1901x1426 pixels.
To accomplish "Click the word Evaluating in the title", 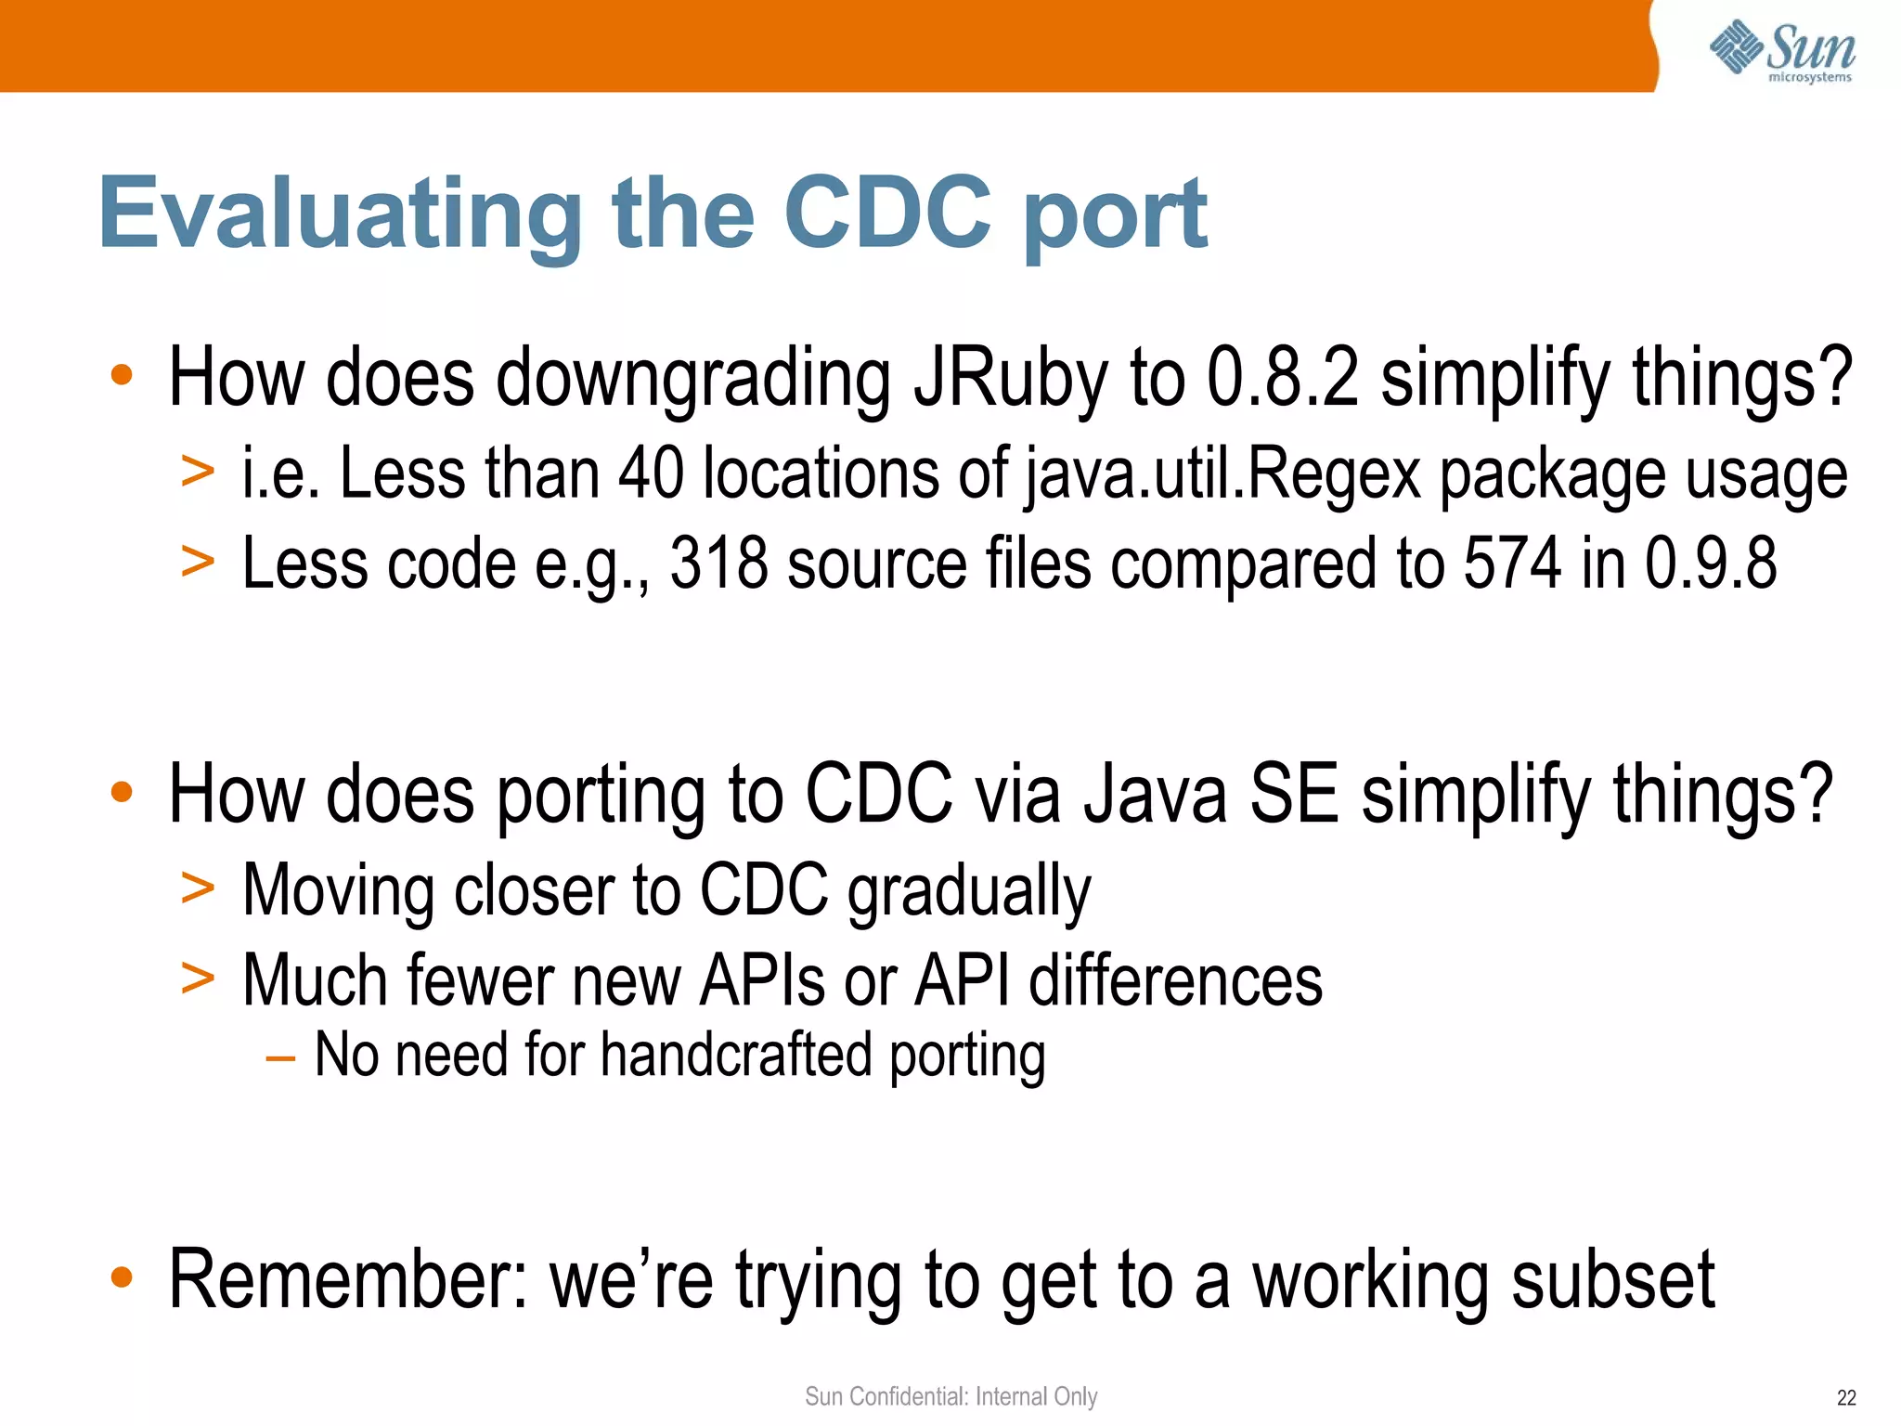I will point(340,215).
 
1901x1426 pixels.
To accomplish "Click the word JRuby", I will point(1011,378).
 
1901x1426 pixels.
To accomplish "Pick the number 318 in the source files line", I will point(718,564).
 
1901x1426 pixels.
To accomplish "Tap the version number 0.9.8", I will point(1710,564).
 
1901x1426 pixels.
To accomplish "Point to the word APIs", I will point(762,980).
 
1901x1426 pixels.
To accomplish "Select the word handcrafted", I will point(736,1056).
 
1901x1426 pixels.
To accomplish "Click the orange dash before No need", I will point(279,1058).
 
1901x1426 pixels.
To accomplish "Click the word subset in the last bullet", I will point(1612,1280).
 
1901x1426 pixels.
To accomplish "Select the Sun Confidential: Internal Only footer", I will point(950,1396).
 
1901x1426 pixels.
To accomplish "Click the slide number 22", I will point(1846,1398).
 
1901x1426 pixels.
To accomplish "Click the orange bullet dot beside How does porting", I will point(122,792).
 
